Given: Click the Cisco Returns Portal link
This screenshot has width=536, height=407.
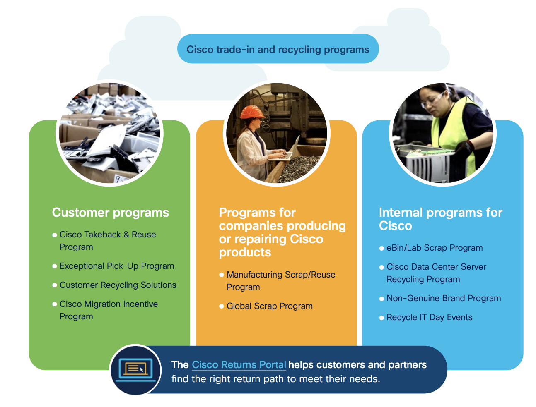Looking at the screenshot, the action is [x=239, y=364].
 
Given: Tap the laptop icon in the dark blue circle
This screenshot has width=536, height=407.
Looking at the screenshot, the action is [x=135, y=370].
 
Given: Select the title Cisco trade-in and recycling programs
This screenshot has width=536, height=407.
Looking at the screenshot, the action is [x=278, y=50].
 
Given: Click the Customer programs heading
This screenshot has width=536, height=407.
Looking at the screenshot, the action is [x=110, y=213].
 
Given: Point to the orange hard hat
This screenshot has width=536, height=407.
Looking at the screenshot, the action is [x=252, y=112].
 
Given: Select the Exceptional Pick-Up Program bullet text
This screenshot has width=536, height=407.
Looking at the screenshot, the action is [x=117, y=266].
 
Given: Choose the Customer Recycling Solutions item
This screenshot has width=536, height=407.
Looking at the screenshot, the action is [x=118, y=285].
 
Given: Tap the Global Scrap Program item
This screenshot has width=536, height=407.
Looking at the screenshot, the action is [x=270, y=306].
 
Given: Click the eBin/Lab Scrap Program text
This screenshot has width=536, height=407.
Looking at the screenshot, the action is [x=435, y=248].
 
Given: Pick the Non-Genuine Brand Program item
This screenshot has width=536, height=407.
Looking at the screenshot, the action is [x=444, y=298].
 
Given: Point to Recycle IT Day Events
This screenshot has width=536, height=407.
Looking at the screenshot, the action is [x=429, y=317].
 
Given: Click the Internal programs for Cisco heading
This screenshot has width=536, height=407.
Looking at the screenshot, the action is [x=440, y=219].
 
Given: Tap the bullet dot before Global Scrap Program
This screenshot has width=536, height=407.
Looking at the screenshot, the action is [x=222, y=306].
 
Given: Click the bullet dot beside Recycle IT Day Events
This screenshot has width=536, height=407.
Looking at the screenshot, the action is [x=381, y=318].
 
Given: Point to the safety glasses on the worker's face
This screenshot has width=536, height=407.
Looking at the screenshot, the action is [x=432, y=100].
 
